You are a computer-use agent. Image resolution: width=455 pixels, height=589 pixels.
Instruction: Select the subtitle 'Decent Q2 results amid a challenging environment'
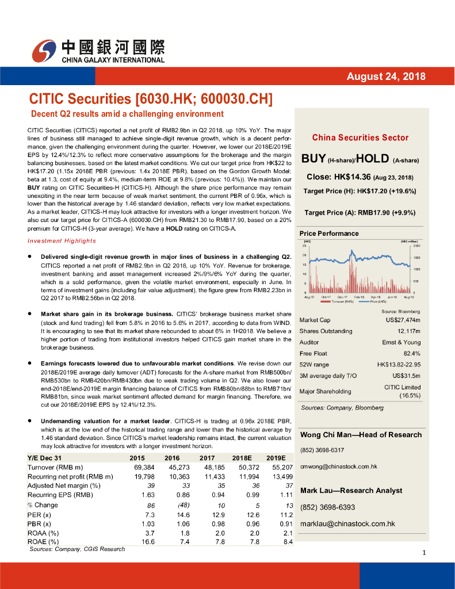pyautogui.click(x=127, y=113)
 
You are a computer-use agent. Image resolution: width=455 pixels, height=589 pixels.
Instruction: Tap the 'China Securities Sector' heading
pyautogui.click(x=360, y=137)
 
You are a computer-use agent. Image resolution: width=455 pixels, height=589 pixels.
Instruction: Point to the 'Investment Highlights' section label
pyautogui.click(x=62, y=240)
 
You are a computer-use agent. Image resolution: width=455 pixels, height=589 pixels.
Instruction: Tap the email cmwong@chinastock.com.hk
pyautogui.click(x=338, y=466)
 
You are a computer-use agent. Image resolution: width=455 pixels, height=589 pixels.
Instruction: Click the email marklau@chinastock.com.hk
pyautogui.click(x=347, y=523)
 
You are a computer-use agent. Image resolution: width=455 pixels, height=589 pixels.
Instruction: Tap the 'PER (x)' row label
pyautogui.click(x=39, y=514)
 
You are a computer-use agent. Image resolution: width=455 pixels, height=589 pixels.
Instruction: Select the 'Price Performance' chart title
pyautogui.click(x=329, y=234)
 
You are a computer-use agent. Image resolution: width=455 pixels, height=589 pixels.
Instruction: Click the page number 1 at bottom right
pyautogui.click(x=423, y=553)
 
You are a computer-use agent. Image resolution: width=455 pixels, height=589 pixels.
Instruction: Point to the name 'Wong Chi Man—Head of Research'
pyautogui.click(x=361, y=434)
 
